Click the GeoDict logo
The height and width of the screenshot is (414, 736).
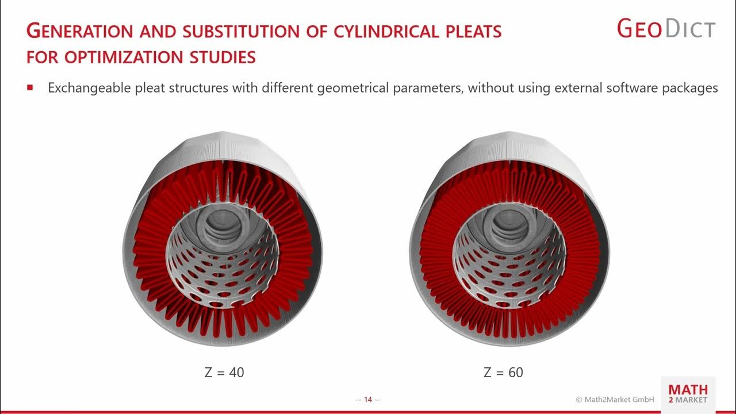(666, 29)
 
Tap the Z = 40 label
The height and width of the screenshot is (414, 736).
(224, 373)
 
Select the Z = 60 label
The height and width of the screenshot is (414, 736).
(503, 373)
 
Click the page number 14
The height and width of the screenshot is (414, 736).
(368, 400)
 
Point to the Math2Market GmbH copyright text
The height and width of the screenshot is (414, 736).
(615, 400)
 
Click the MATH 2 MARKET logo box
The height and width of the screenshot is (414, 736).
(688, 394)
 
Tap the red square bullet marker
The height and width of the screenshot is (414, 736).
(30, 88)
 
